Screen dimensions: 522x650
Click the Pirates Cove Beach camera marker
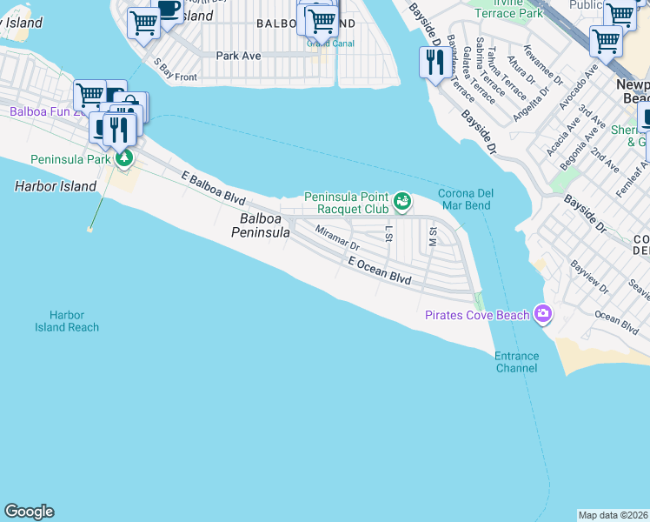point(544,313)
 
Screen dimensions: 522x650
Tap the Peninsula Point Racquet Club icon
point(402,203)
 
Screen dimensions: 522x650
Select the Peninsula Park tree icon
point(125,159)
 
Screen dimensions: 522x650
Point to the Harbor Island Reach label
point(67,321)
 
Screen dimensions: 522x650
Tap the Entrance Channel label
point(516,362)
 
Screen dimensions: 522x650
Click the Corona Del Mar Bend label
point(464,199)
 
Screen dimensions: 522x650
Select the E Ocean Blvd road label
point(379,269)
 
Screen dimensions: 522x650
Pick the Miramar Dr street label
point(337,239)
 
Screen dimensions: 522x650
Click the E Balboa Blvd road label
point(214,187)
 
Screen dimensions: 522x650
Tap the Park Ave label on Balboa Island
point(238,56)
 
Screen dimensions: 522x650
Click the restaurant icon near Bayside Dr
point(433,62)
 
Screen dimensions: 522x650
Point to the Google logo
point(29,512)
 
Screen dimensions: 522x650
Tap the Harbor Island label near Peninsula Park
point(55,186)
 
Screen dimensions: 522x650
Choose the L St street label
point(389,231)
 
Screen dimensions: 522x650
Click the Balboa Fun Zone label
point(43,112)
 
